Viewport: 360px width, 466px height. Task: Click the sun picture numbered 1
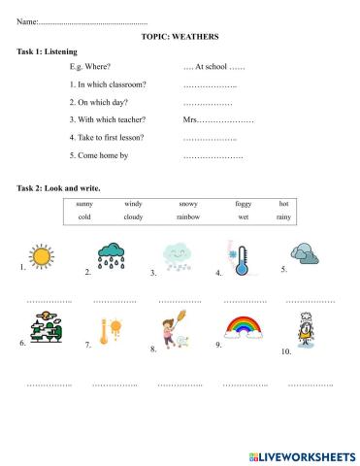tap(42, 257)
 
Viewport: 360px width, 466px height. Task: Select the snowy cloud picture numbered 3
tap(176, 257)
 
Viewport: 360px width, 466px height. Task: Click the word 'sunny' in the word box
tap(84, 204)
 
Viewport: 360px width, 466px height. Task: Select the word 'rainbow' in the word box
tap(188, 217)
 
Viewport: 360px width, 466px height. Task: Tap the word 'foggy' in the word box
tap(243, 204)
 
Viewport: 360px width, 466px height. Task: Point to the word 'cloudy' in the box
tap(133, 217)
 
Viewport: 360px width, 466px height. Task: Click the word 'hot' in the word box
tap(283, 204)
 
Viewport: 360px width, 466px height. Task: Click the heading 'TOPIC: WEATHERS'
tap(180, 37)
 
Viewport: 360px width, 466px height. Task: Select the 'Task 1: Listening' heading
tap(48, 51)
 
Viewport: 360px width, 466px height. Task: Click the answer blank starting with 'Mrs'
tap(218, 119)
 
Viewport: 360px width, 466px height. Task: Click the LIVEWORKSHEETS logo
tap(302, 455)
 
